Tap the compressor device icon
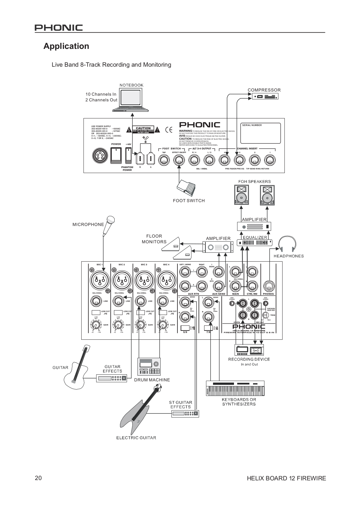pos(265,96)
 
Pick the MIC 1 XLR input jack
pos(99,280)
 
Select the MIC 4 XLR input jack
pos(166,280)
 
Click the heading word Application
pos(66,46)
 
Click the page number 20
pos(38,478)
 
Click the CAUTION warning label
pos(143,130)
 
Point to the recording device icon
pos(249,350)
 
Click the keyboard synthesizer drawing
pos(235,388)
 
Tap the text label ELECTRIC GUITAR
pos(136,438)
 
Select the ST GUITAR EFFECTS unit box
pos(185,413)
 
